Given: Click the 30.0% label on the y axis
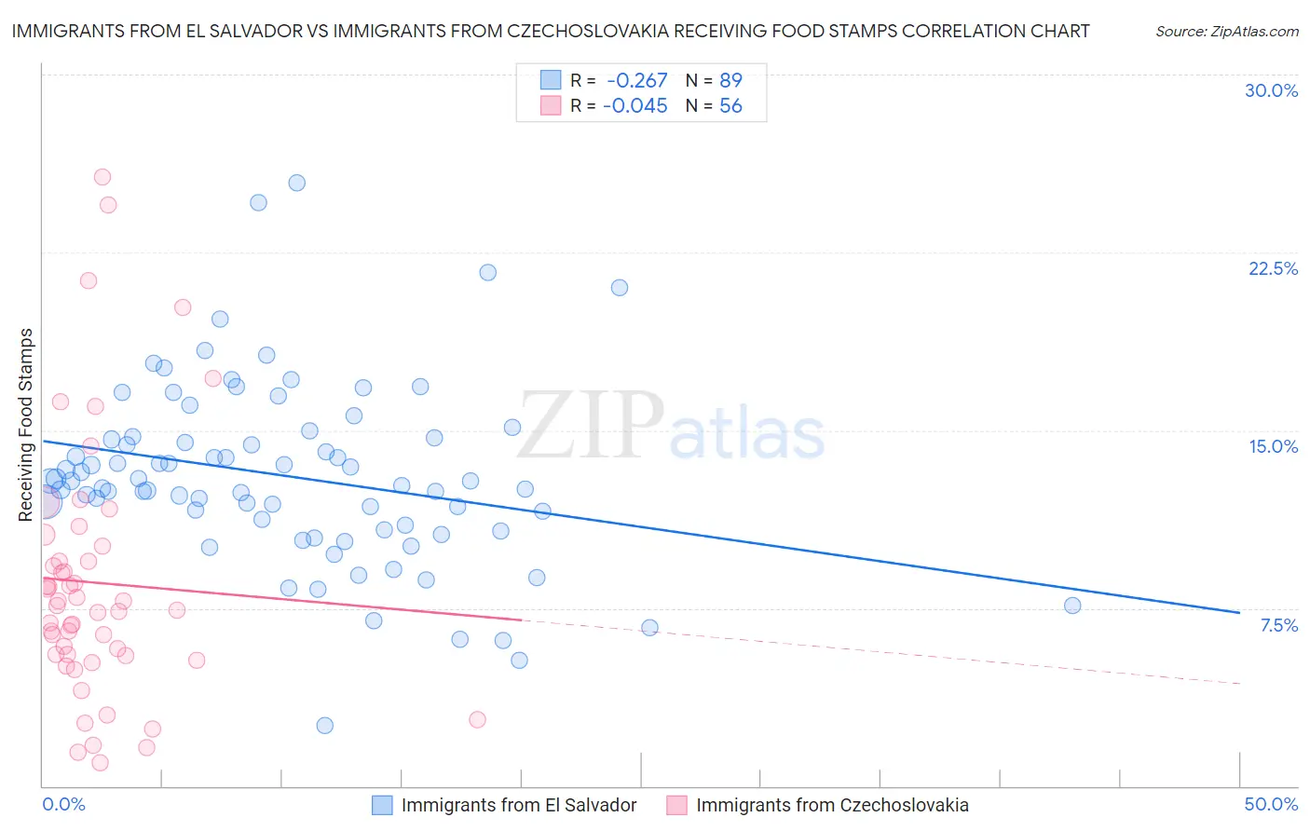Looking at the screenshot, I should pyautogui.click(x=1271, y=90).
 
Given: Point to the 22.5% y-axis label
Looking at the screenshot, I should pyautogui.click(x=1273, y=268).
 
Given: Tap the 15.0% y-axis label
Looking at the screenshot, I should pyautogui.click(x=1273, y=446).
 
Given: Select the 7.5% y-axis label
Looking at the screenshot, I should pyautogui.click(x=1278, y=625).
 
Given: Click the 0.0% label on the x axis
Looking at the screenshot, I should pyautogui.click(x=63, y=804).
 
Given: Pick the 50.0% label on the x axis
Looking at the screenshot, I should pyautogui.click(x=1271, y=804).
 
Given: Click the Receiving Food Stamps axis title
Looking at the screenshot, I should pyautogui.click(x=26, y=424).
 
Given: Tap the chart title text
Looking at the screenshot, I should pyautogui.click(x=550, y=31).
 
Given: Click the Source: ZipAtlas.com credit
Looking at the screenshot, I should pyautogui.click(x=1226, y=32).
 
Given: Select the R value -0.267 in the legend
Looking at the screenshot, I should pyautogui.click(x=636, y=80).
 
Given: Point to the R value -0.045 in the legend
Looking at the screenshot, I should pyautogui.click(x=635, y=106).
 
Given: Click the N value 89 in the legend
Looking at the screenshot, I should pyautogui.click(x=730, y=80).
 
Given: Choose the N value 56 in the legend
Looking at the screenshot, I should pyautogui.click(x=730, y=106).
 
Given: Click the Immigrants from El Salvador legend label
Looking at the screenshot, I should pyautogui.click(x=519, y=805).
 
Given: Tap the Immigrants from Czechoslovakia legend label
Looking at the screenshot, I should pyautogui.click(x=832, y=805).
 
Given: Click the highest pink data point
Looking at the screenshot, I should pyautogui.click(x=102, y=177).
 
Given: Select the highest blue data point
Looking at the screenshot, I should pyautogui.click(x=297, y=183).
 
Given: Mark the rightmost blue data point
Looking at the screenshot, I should pyautogui.click(x=1072, y=606).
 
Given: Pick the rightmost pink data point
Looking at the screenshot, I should pyautogui.click(x=477, y=719).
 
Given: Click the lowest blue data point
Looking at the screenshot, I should pyautogui.click(x=325, y=726).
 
